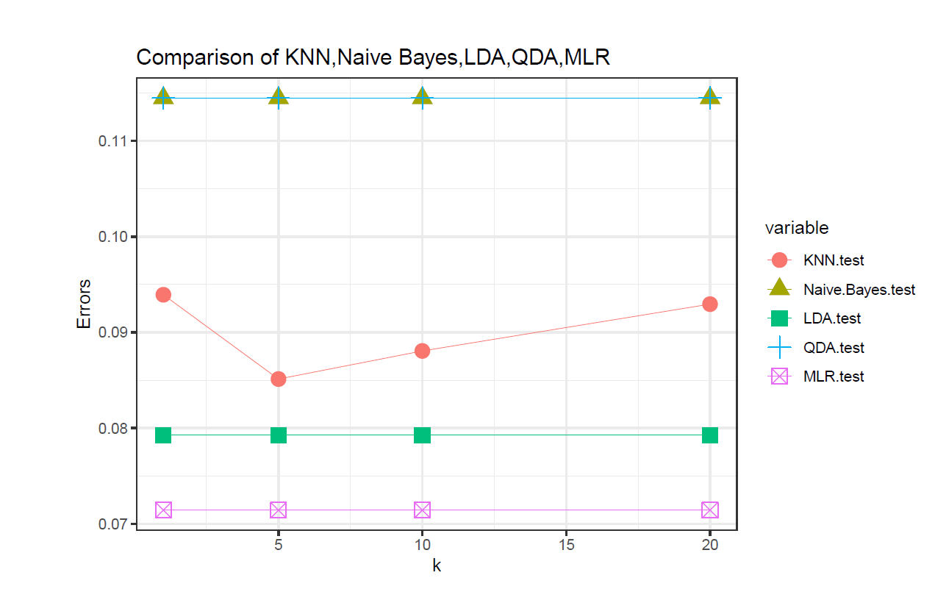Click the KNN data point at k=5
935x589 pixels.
click(x=278, y=379)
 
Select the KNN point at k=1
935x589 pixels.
click(x=163, y=295)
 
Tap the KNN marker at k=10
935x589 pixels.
click(x=422, y=351)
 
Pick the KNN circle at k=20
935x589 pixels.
click(x=710, y=304)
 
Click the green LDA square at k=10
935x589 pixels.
click(x=422, y=435)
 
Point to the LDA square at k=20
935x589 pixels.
click(x=710, y=435)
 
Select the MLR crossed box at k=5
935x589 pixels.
click(x=278, y=510)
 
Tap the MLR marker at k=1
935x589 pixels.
click(x=163, y=510)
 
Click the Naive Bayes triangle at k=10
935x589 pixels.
click(x=422, y=96)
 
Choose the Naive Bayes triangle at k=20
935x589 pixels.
click(x=710, y=96)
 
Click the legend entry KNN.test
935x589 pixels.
click(x=833, y=260)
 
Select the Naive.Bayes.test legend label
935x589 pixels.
click(x=859, y=290)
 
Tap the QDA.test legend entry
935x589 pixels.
click(x=833, y=348)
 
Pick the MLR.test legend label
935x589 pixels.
click(x=833, y=376)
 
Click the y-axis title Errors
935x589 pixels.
click(x=85, y=303)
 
